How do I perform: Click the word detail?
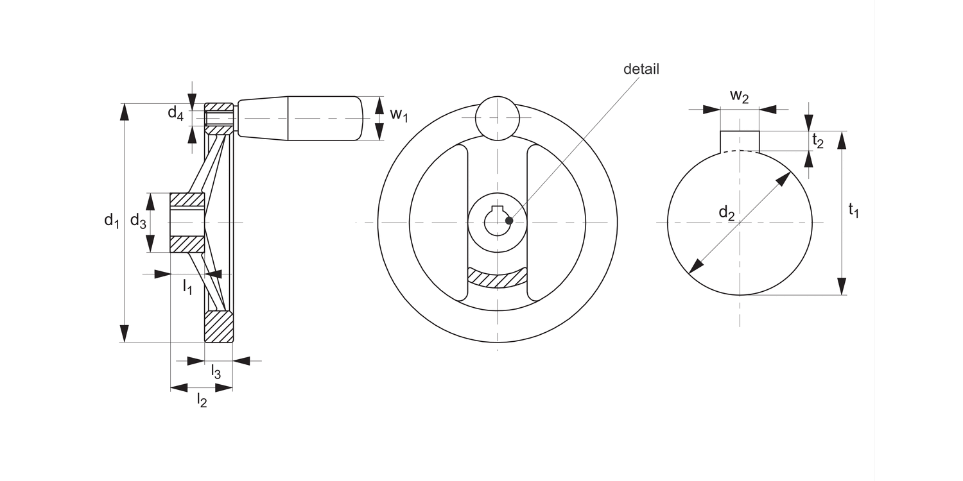point(641,69)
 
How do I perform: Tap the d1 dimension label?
point(111,221)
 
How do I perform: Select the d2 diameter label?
point(727,213)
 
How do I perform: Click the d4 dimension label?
point(175,114)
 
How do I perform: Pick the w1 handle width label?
point(399,115)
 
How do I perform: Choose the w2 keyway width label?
point(739,96)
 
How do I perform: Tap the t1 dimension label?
point(853,211)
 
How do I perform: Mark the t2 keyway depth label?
point(818,141)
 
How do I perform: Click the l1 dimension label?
point(187,287)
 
